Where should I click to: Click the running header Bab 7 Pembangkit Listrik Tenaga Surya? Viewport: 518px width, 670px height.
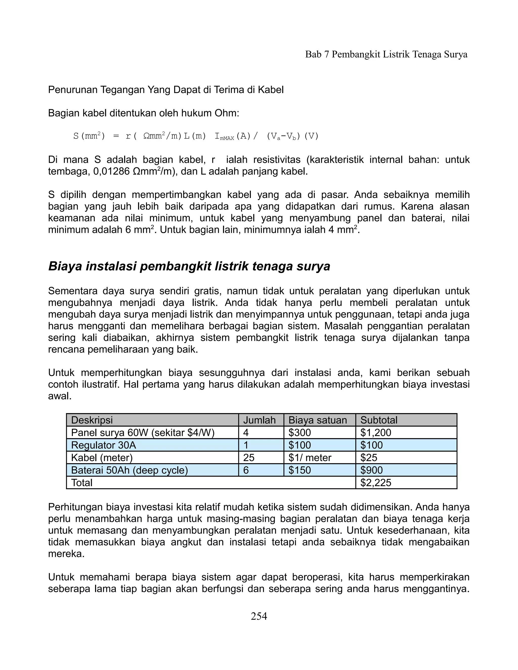(386, 54)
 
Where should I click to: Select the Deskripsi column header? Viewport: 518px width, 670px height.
(92, 420)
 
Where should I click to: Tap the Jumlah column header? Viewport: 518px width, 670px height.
(259, 420)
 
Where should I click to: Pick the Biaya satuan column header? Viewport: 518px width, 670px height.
(318, 420)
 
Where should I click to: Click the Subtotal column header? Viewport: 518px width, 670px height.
(379, 420)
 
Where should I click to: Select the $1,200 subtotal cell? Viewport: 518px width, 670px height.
(376, 433)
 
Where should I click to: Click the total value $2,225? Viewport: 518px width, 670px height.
(376, 483)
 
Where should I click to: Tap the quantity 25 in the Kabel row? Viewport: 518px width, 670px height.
(249, 458)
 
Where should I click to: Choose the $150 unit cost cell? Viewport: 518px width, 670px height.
(299, 470)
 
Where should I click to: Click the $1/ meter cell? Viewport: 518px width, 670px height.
(310, 458)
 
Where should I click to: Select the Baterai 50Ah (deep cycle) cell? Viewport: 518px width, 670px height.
(129, 470)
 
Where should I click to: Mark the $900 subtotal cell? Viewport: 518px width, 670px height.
(371, 470)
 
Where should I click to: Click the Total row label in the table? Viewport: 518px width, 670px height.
(82, 483)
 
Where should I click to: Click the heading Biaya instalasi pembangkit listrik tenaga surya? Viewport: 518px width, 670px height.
(189, 266)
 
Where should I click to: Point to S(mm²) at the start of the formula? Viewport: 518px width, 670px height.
(89, 136)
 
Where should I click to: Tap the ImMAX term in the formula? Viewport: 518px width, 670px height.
(224, 137)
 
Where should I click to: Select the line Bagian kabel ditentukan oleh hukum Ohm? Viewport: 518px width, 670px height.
(143, 113)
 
